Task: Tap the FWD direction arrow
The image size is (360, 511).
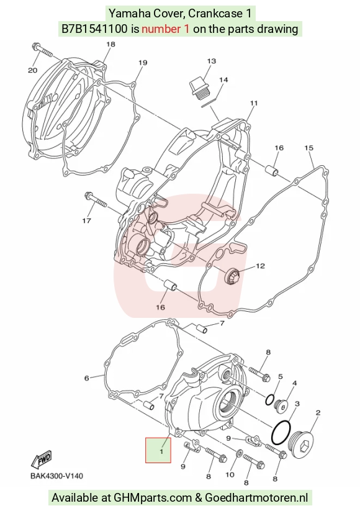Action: point(42,460)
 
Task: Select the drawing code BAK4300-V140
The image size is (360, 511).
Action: point(56,476)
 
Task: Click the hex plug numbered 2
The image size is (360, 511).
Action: point(302,445)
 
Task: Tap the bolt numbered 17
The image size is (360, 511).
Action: point(96,200)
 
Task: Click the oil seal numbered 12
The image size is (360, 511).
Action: point(233,276)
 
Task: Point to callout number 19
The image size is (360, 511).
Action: point(143,63)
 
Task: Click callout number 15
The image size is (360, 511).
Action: point(308,148)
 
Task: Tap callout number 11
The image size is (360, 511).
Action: point(254,103)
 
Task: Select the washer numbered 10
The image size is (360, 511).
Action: point(239,453)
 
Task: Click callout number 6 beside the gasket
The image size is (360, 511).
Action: point(86,378)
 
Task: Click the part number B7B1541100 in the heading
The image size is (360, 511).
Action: point(94,29)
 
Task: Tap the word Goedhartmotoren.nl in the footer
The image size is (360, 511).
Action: point(256,497)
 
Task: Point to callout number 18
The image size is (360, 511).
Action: point(110,44)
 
